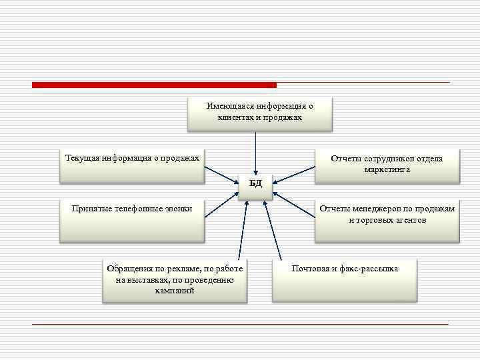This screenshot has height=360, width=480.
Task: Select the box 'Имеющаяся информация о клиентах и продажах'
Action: (x=259, y=114)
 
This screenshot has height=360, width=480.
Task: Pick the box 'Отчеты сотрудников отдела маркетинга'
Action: (x=387, y=165)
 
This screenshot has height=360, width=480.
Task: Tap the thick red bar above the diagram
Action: (x=153, y=85)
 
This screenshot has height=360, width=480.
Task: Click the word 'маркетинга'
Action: (x=387, y=170)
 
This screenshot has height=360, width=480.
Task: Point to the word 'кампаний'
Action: (x=175, y=291)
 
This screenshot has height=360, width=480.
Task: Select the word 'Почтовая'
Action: (x=311, y=269)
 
